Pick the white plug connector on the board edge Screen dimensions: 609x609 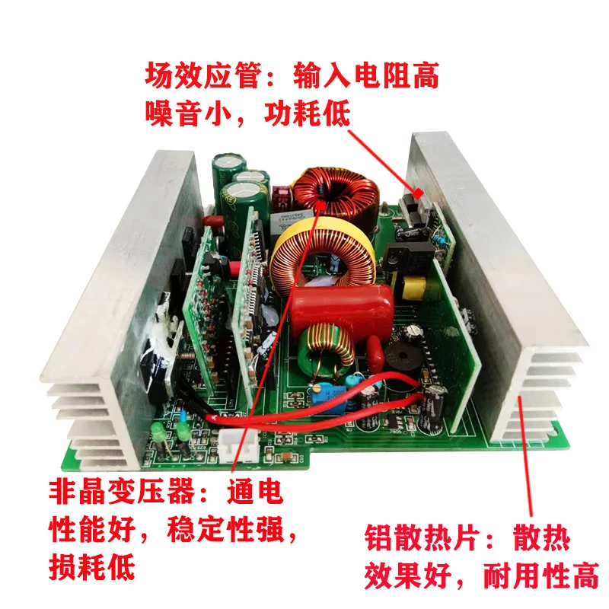tap(239, 446)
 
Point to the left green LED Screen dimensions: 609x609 tap(158, 432)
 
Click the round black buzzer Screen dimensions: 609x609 tap(402, 356)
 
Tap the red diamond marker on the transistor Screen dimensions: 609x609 tap(418, 193)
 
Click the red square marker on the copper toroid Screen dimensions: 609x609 tap(320, 206)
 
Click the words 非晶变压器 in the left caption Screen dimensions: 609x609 tap(122, 491)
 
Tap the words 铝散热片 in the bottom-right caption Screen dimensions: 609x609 tap(421, 537)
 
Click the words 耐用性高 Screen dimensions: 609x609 tap(540, 576)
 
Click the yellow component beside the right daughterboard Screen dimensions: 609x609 tap(414, 288)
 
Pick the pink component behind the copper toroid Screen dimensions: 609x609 tap(281, 196)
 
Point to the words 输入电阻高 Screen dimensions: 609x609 tap(366, 75)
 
